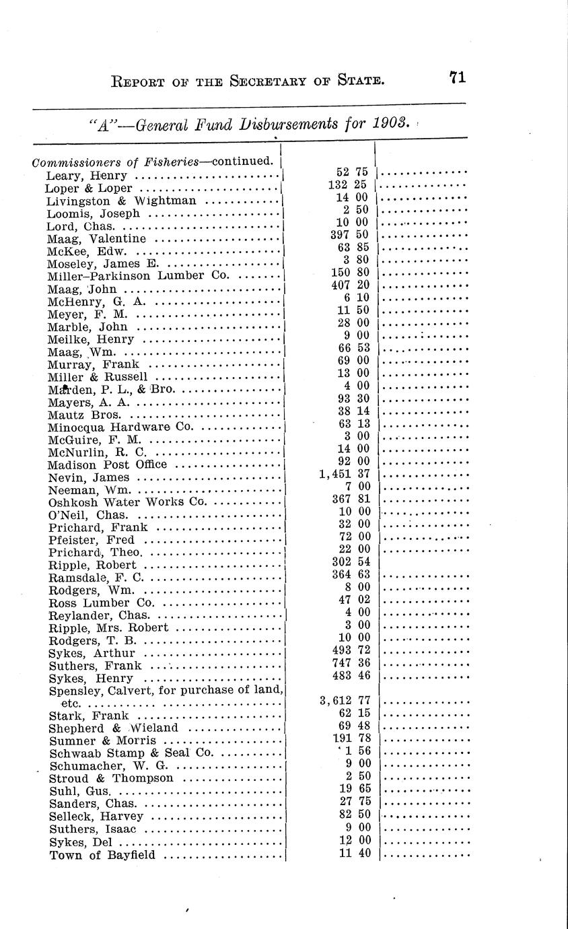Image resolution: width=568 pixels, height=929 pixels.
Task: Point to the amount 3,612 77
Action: (345, 701)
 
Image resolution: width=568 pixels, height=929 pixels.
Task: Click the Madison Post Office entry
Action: (108, 464)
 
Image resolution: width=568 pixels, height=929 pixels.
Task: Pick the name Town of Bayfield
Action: (102, 856)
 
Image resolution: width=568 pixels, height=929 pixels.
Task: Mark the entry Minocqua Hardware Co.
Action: (120, 427)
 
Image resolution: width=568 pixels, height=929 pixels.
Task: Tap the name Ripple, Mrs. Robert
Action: (108, 627)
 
